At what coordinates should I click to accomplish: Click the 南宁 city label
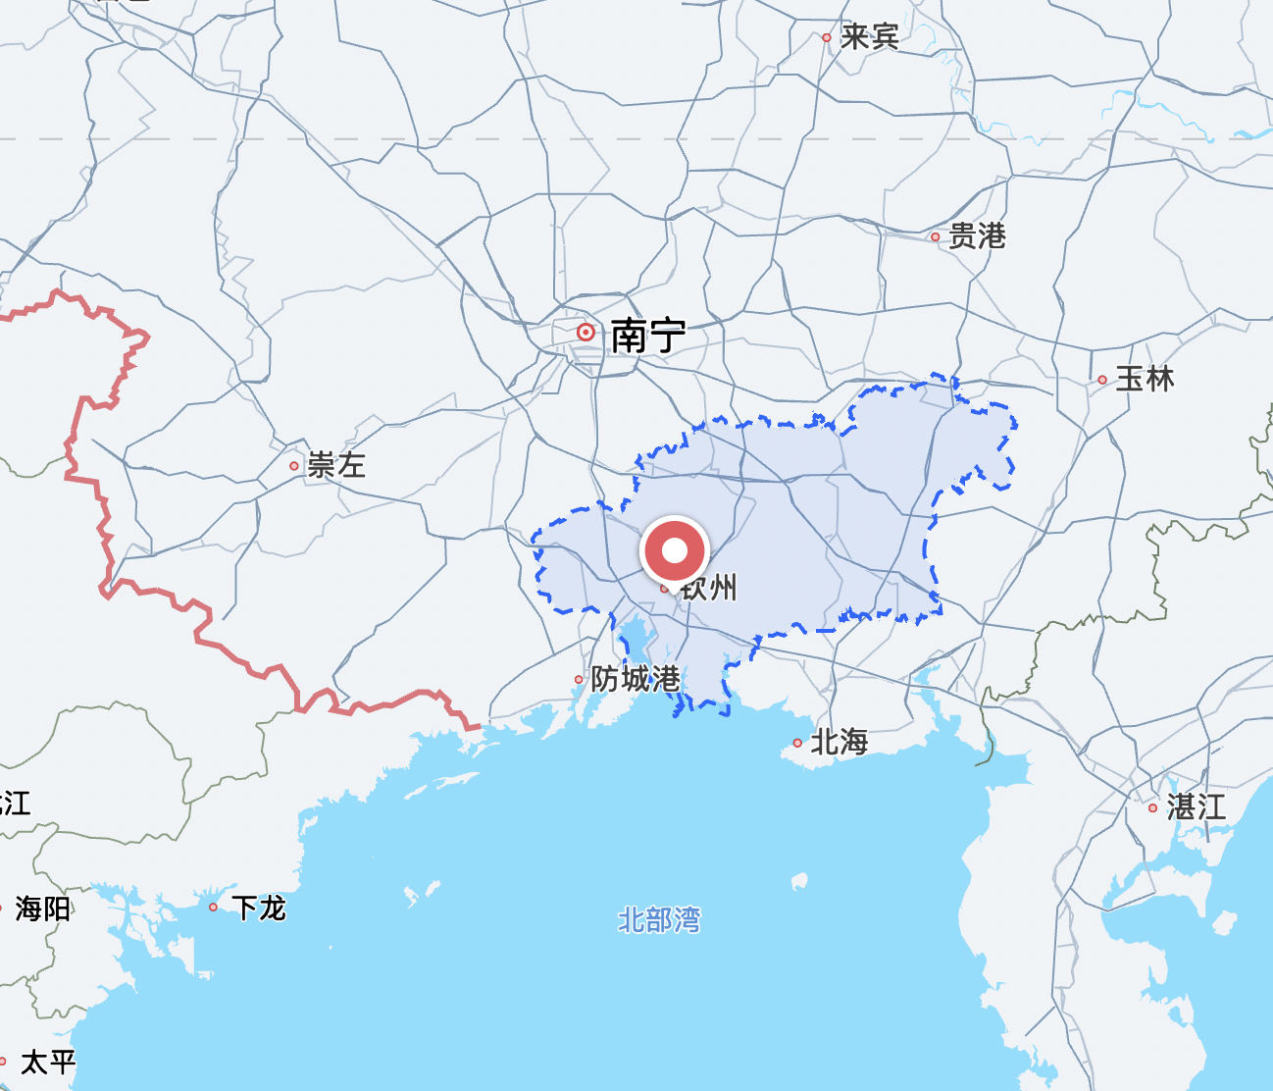coord(647,337)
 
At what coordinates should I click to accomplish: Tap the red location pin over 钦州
coord(675,550)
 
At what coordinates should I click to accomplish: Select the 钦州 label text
coord(709,588)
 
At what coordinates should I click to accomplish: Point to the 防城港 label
coord(635,678)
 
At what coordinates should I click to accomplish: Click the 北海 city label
coord(840,742)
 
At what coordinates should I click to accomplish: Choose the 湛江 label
coord(1196,807)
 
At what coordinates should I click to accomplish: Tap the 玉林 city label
coord(1145,379)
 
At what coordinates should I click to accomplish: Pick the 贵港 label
coord(977,236)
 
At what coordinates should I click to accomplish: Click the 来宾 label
coord(869,37)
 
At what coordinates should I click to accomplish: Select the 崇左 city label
coord(336,465)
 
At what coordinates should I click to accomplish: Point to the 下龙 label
coord(259,908)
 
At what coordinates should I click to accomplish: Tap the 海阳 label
coord(43,909)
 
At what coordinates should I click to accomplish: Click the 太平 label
coord(48,1062)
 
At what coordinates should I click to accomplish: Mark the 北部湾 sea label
coord(659,920)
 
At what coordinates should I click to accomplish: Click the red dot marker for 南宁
coord(586,333)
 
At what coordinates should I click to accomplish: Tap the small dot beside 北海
coord(797,743)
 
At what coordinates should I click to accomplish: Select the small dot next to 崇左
coord(294,466)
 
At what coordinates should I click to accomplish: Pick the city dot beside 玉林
coord(1102,380)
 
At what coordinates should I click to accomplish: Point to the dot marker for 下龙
coord(214,908)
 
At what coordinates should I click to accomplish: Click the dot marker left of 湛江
coord(1153,808)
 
